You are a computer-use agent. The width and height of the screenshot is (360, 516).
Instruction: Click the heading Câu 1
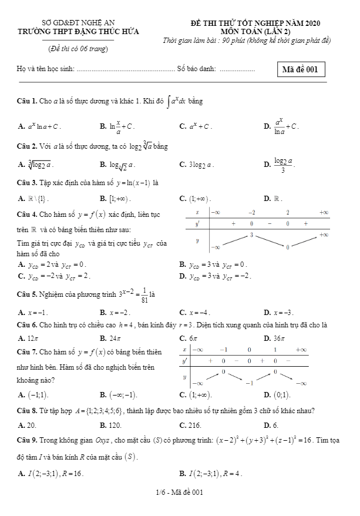(x=26, y=102)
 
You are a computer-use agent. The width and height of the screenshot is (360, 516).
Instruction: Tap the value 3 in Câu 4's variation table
(x=251, y=235)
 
